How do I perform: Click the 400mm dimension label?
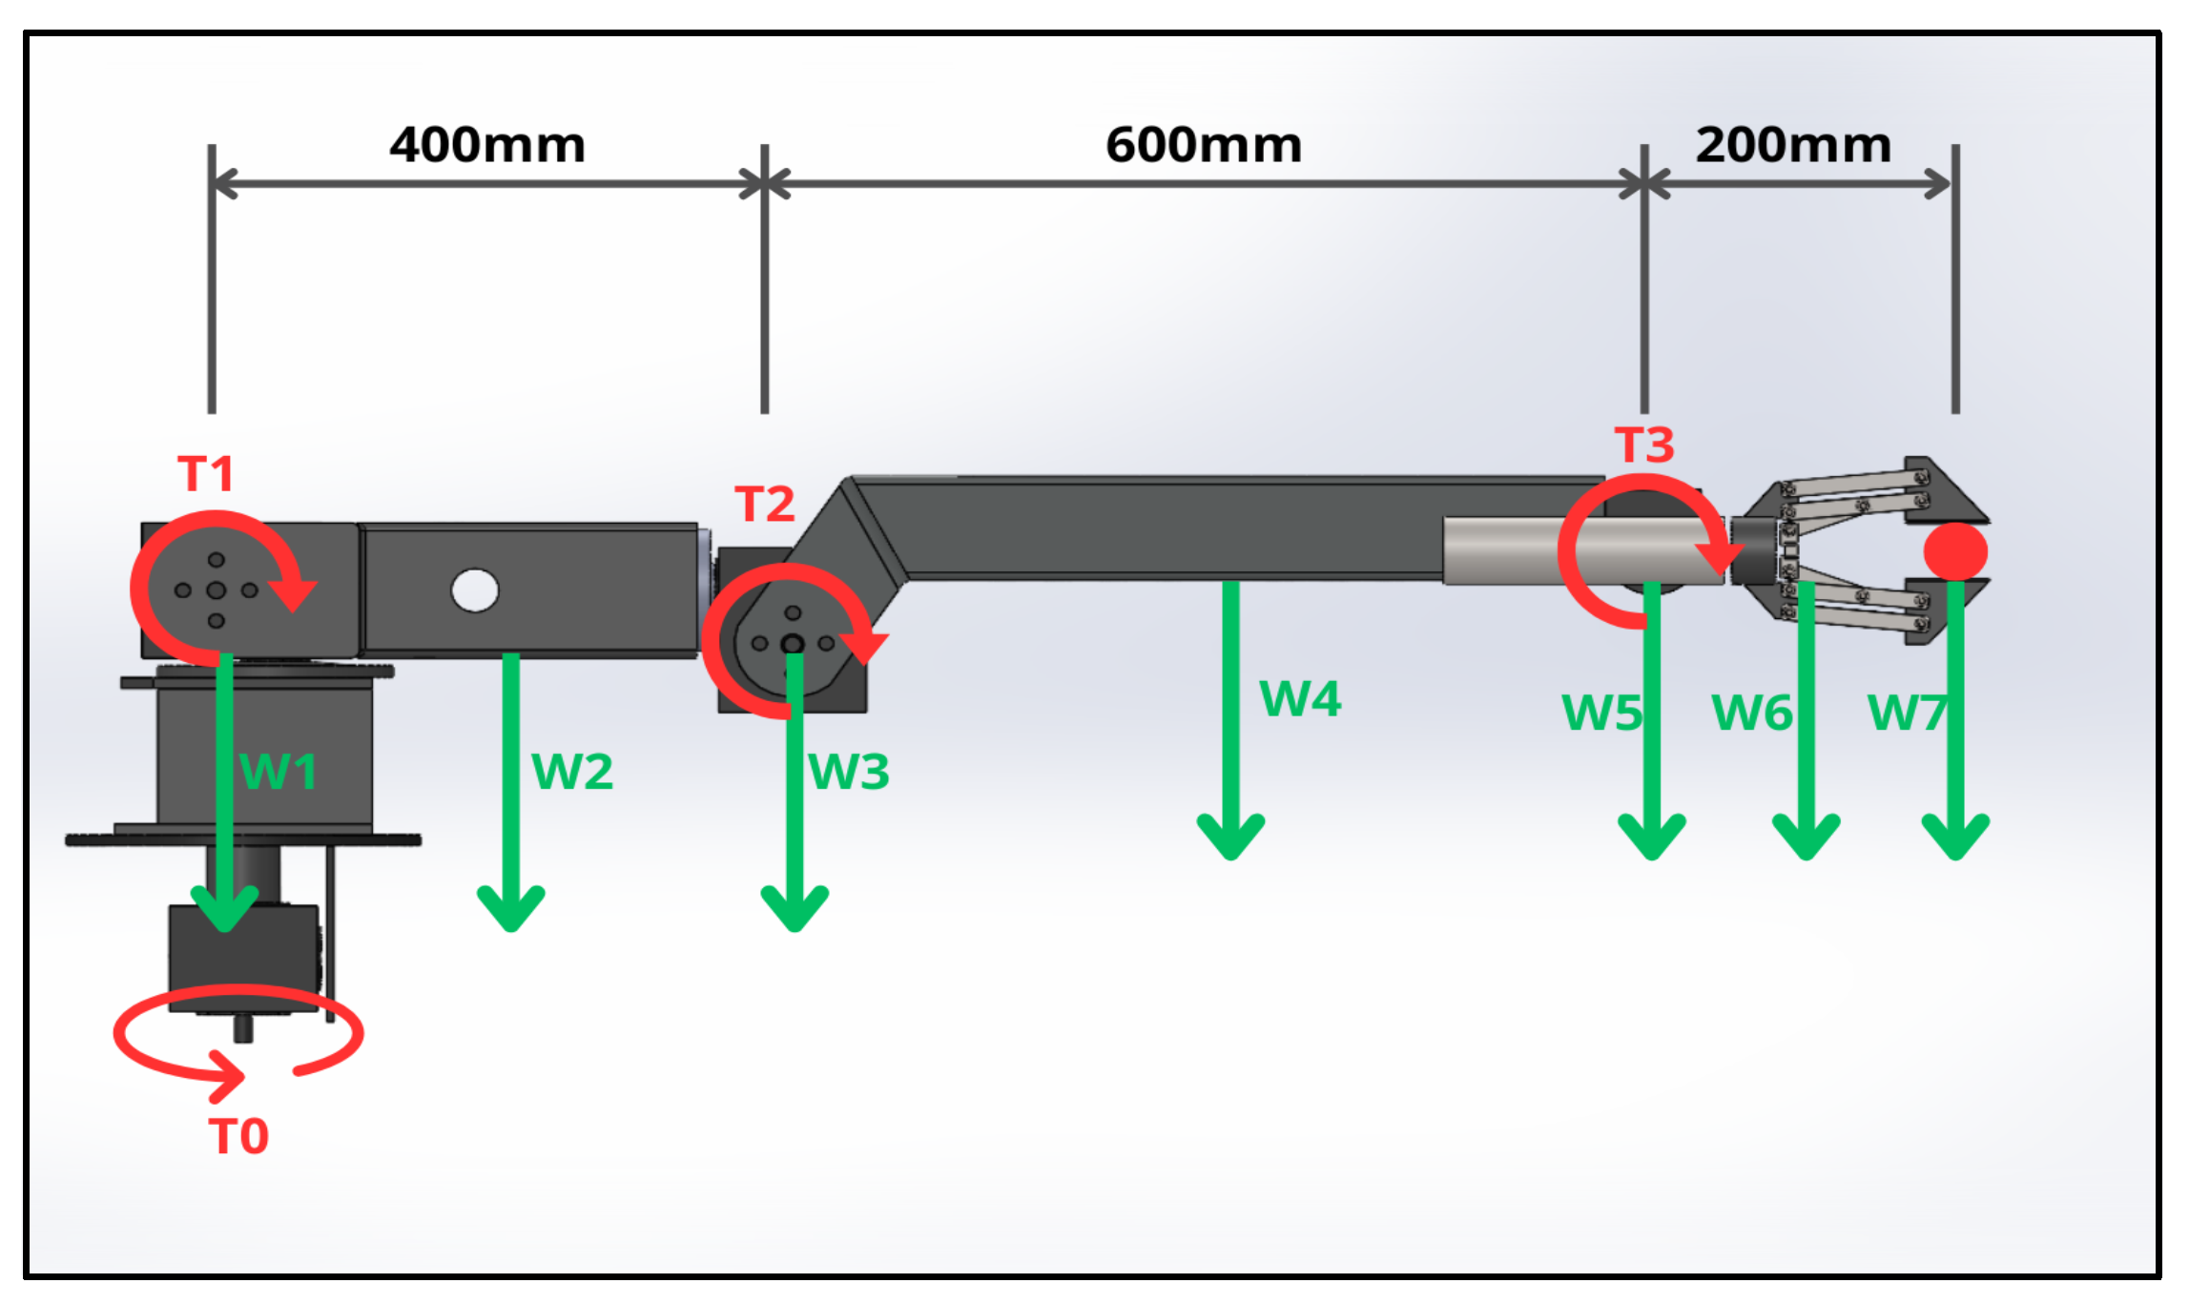point(486,145)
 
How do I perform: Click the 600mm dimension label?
point(1204,145)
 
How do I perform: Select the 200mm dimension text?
point(1793,145)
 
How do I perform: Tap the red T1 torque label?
point(206,474)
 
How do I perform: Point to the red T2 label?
point(764,504)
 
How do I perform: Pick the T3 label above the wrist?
point(1644,445)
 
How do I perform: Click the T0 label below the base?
point(238,1137)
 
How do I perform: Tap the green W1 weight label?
point(279,772)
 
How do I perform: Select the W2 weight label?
point(572,772)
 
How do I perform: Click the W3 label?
point(849,772)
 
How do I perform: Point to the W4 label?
point(1300,699)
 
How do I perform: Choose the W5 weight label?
point(1602,713)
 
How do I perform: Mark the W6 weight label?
point(1751,713)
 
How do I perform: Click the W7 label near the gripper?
point(1906,713)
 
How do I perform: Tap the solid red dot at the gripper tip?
point(1955,551)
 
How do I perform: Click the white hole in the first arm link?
point(475,590)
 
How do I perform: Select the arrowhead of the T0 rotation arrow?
point(229,1076)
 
